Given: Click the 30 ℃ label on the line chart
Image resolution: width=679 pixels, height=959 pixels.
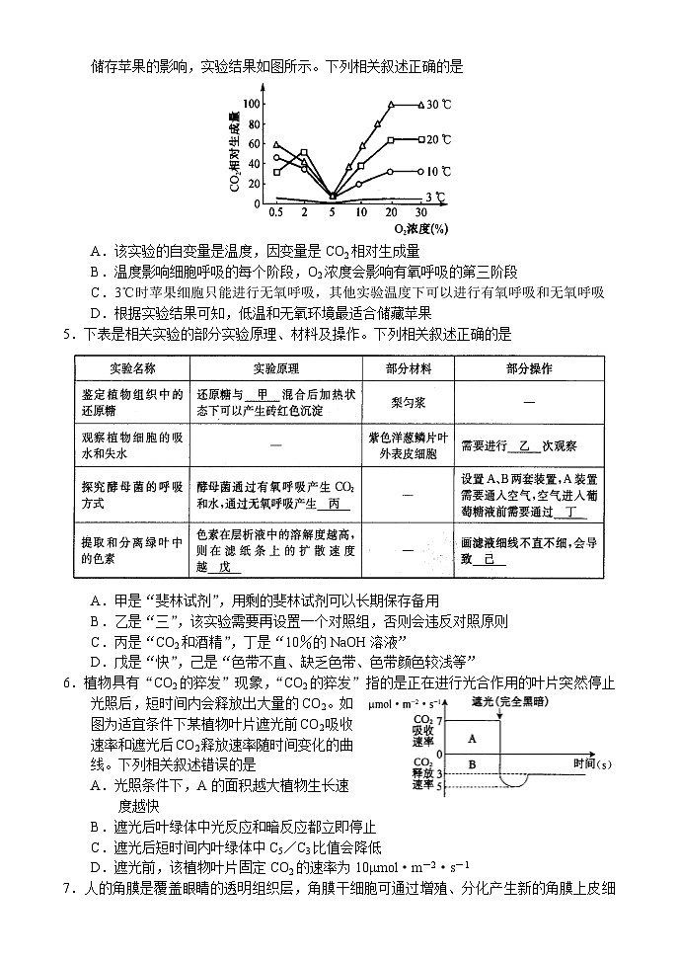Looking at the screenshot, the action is (x=439, y=104).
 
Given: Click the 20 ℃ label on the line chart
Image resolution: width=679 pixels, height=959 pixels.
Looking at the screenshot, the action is (x=439, y=139).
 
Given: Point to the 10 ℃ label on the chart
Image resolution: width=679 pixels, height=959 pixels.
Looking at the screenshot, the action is (x=439, y=172).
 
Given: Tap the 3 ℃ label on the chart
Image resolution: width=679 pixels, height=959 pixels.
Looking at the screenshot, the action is (x=437, y=196).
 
